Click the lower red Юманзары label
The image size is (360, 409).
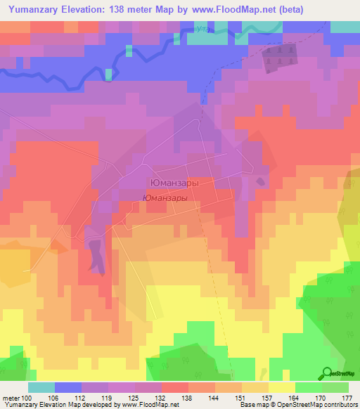pos(165,198)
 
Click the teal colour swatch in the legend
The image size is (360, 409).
pos(41,387)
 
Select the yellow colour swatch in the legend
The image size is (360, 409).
pos(281,387)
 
